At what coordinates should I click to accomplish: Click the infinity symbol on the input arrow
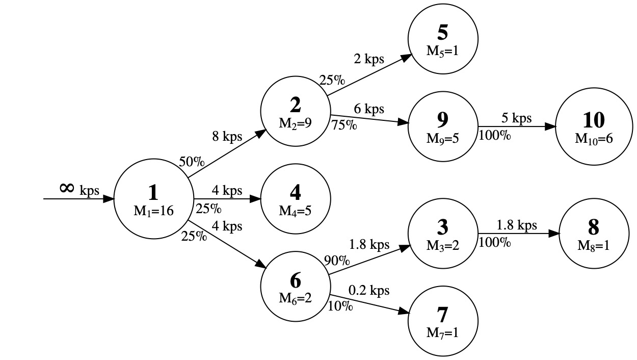click(x=66, y=188)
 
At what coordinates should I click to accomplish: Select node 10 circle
click(x=594, y=127)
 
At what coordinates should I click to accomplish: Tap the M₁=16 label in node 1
click(x=153, y=211)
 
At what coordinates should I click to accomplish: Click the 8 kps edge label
click(x=227, y=137)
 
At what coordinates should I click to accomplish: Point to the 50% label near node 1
click(x=192, y=162)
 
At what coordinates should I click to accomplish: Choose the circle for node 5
click(x=443, y=39)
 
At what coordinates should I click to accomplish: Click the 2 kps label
click(x=369, y=58)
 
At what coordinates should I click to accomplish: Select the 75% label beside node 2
click(x=344, y=124)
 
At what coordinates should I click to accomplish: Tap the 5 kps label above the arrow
click(x=517, y=118)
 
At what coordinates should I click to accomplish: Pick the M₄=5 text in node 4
click(x=295, y=211)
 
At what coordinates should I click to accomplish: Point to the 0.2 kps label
click(x=369, y=290)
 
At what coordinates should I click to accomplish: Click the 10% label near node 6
click(x=340, y=305)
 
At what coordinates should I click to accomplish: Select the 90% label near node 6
click(x=337, y=261)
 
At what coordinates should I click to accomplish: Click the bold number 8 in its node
click(x=594, y=227)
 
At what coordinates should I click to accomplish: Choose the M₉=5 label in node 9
click(x=443, y=138)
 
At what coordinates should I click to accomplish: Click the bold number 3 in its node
click(x=443, y=228)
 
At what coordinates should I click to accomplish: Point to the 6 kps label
click(x=369, y=109)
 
